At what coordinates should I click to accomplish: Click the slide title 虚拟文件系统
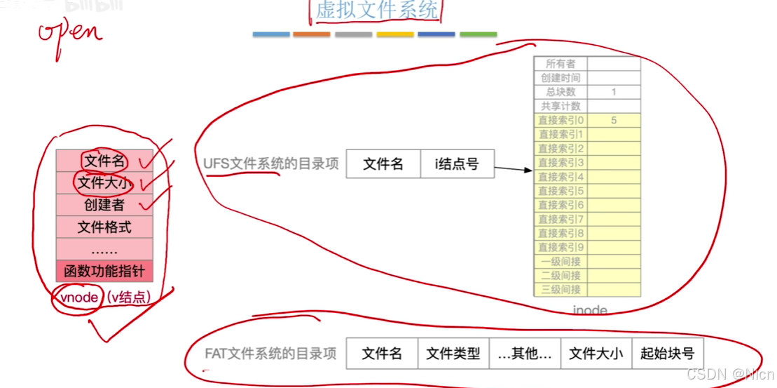coord(376,11)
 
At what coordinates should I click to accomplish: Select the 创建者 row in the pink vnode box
coord(104,205)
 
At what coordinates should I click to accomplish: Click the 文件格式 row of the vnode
coord(104,227)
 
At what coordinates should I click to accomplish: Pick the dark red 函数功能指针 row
coord(104,271)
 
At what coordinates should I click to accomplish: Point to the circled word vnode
coord(79,297)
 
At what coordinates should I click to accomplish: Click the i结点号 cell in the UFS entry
coord(457,164)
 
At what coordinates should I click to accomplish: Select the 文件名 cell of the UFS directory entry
coord(383,164)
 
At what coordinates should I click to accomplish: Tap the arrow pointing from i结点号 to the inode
coord(514,168)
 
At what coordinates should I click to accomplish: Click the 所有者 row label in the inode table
coord(561,64)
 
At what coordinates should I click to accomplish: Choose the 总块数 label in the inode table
coord(561,92)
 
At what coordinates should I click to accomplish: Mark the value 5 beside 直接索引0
coord(614,120)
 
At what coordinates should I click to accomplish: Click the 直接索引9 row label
coord(561,247)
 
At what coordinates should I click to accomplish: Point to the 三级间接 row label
coord(561,289)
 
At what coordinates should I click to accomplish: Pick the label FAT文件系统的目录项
coord(270,353)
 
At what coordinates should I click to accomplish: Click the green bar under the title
coord(478,34)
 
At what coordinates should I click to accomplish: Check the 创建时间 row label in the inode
coord(561,78)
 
